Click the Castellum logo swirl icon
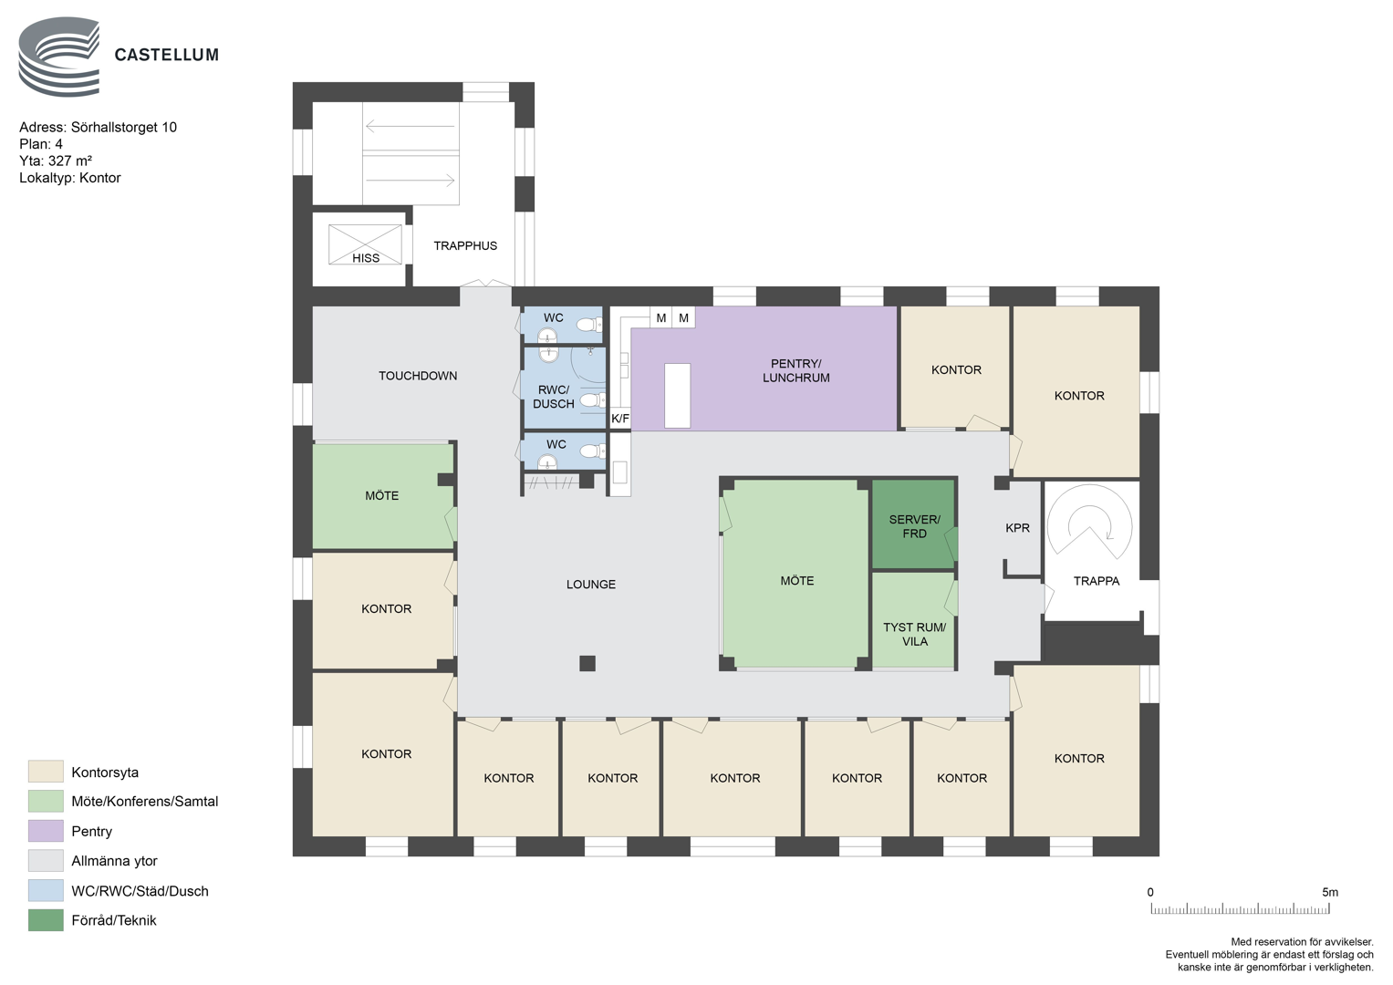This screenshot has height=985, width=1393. (59, 57)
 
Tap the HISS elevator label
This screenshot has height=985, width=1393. (366, 258)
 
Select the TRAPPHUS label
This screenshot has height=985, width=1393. (465, 245)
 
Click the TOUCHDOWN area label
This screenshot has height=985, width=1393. (418, 376)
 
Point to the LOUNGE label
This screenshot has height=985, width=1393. (591, 585)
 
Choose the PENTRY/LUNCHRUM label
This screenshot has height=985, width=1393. (796, 370)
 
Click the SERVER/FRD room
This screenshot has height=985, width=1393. (913, 524)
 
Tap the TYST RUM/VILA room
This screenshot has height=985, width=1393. (913, 620)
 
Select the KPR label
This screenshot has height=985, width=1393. (1017, 528)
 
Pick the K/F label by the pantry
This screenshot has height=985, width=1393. (620, 419)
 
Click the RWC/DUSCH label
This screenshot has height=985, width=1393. (554, 397)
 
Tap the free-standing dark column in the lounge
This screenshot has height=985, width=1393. (587, 664)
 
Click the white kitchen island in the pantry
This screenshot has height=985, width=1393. (677, 396)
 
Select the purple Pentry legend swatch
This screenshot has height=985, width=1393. (46, 831)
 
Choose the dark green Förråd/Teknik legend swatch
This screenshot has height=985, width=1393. (46, 920)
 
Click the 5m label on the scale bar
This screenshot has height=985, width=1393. (1330, 892)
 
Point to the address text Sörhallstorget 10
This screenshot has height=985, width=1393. (124, 128)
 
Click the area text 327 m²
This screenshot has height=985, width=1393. (69, 161)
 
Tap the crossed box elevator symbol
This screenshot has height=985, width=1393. (365, 244)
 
